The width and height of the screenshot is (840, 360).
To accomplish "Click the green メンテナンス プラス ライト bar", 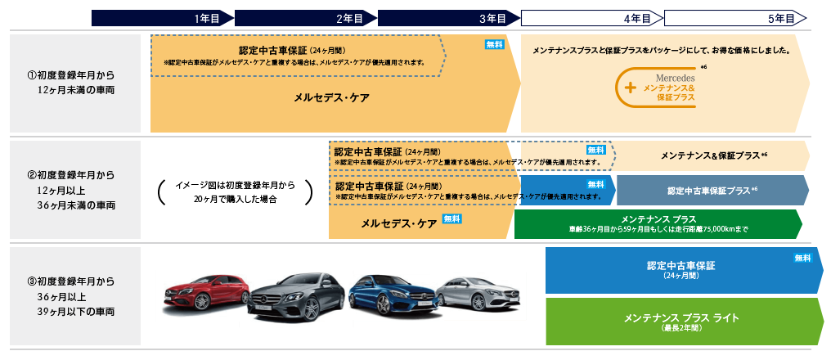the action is (682, 320).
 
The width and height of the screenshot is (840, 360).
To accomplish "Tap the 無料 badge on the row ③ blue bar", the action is (802, 259).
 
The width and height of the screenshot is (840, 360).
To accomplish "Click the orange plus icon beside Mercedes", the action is (630, 87).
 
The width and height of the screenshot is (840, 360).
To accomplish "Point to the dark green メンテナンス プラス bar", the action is (658, 223).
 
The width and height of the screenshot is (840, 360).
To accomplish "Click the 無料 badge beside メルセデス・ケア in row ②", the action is (452, 218).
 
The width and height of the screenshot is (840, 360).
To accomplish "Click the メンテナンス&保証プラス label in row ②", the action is (712, 155).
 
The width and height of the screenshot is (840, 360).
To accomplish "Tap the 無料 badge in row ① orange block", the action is (495, 45).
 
